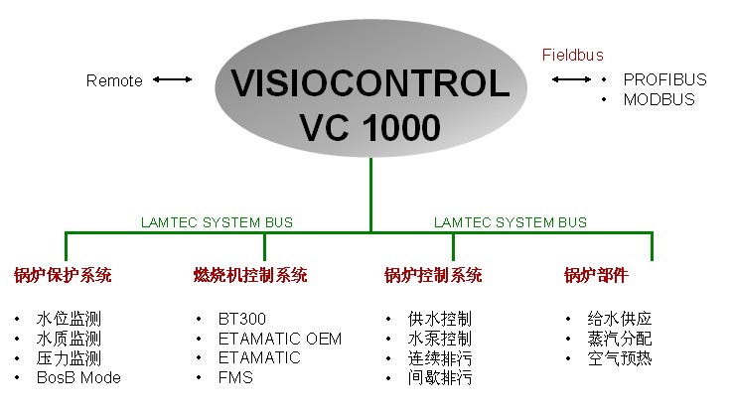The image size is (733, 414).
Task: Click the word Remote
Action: (114, 80)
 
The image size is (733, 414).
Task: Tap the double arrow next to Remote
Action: (173, 79)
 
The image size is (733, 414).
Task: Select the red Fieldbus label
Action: (573, 56)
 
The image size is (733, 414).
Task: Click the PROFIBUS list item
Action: (664, 79)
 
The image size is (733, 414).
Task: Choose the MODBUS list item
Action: (660, 99)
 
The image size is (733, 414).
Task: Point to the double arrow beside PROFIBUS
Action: (571, 79)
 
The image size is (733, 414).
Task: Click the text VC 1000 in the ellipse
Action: (369, 127)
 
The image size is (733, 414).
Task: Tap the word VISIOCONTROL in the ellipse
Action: (370, 83)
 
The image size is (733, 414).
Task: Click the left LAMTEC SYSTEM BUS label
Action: (217, 222)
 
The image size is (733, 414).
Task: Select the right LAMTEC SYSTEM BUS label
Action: (510, 222)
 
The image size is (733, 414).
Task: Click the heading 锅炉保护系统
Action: (63, 275)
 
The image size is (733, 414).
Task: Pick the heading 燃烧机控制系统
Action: (250, 275)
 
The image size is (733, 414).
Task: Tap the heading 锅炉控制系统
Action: (433, 275)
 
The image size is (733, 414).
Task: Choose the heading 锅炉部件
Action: (596, 275)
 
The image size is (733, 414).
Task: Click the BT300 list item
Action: (242, 319)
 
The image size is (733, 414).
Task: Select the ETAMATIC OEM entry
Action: (280, 339)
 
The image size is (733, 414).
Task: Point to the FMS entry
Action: (235, 377)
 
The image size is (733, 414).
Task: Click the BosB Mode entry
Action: (78, 377)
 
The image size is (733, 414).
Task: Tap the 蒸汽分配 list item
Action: (620, 339)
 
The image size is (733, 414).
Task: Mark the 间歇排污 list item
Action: (440, 377)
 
